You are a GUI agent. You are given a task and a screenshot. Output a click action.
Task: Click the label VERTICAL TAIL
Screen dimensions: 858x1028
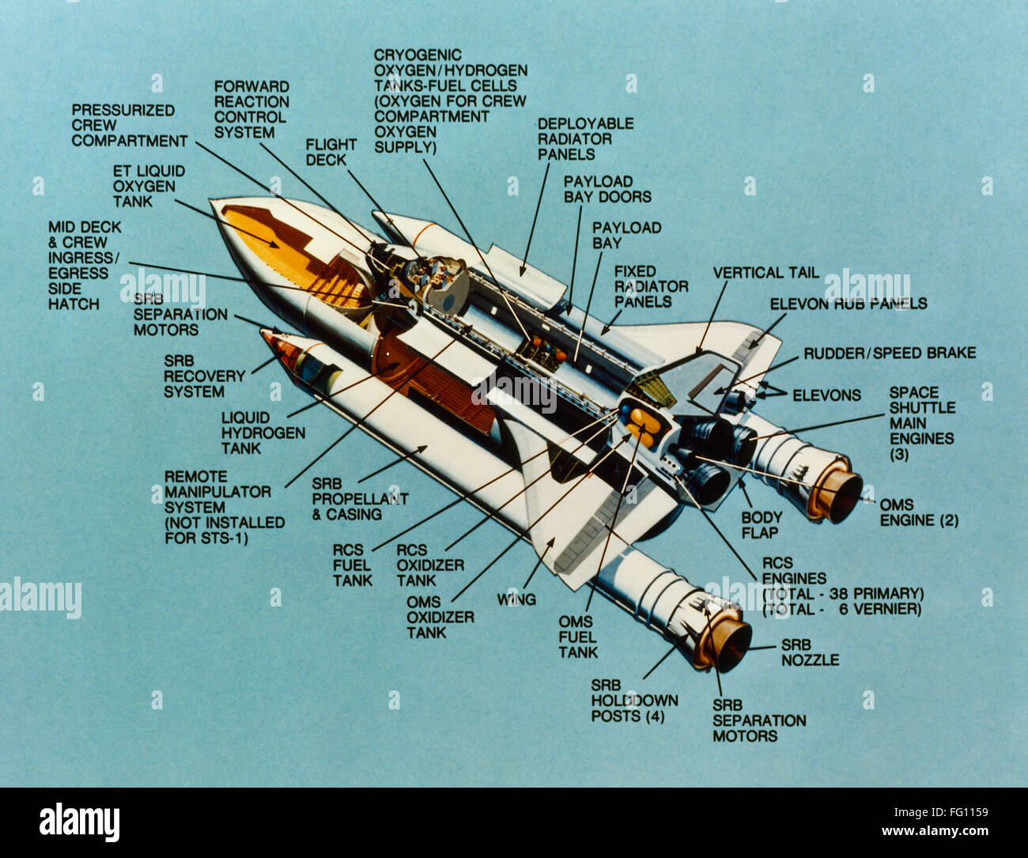765,273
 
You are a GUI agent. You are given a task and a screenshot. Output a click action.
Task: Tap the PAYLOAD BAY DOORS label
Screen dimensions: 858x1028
607,189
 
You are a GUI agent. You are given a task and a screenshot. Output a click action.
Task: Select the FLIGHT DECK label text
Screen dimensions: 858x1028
331,152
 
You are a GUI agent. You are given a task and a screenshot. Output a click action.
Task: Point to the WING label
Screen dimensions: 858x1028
516,599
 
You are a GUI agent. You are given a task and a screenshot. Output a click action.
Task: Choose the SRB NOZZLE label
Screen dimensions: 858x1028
810,652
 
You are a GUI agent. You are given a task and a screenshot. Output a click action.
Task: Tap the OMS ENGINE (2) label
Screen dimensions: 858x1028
919,512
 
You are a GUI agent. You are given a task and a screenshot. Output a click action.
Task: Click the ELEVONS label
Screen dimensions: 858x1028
826,395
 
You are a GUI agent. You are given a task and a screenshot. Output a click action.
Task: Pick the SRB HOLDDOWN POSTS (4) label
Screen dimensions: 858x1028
634,701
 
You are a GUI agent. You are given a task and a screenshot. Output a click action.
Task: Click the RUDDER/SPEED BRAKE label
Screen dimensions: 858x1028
890,353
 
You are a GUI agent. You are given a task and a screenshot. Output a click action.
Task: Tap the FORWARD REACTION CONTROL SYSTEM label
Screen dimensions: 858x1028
251,109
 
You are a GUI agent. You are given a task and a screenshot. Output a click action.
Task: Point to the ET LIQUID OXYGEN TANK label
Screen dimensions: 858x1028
149,186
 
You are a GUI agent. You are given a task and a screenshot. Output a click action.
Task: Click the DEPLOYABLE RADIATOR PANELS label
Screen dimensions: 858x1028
585,138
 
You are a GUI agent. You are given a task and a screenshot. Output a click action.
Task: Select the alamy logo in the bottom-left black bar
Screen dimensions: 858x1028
79,822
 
